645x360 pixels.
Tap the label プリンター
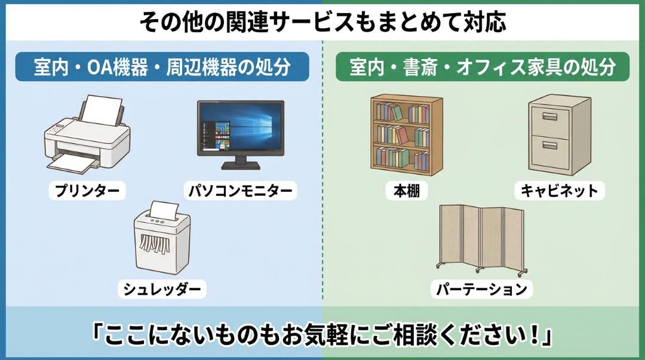click(x=87, y=190)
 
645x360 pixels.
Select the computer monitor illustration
click(x=241, y=135)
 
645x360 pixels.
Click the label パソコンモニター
click(x=240, y=190)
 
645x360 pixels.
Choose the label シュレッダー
click(x=162, y=289)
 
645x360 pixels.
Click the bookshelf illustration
click(x=407, y=133)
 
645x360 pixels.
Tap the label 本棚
click(x=407, y=190)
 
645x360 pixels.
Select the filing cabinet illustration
click(x=560, y=135)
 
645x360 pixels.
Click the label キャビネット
click(x=560, y=190)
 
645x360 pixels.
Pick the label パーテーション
click(x=482, y=289)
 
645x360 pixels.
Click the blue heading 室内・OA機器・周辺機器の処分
click(x=162, y=67)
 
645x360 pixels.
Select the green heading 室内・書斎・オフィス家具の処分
click(x=483, y=67)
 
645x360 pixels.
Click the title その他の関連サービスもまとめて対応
click(x=322, y=22)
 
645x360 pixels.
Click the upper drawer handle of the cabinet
click(x=549, y=117)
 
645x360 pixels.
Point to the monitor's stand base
click(x=241, y=165)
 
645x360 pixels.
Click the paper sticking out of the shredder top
click(x=163, y=210)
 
